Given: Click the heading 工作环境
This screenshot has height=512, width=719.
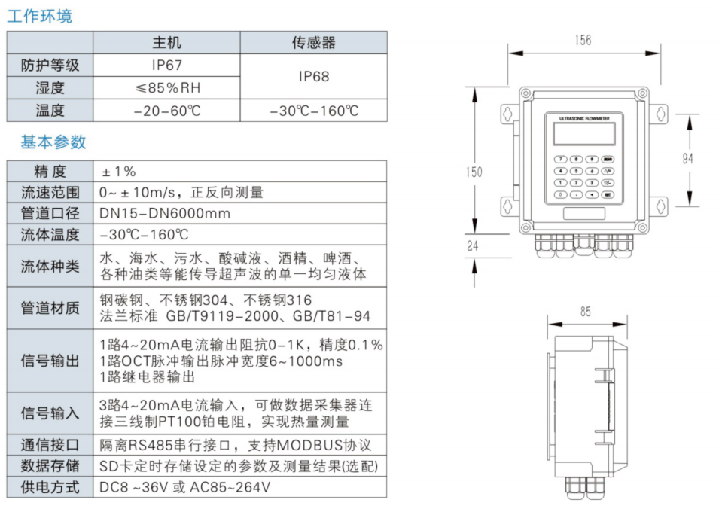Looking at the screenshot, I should point(40,16).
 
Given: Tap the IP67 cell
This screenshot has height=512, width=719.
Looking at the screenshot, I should point(166,66).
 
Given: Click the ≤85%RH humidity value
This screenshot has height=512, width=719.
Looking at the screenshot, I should point(167,88).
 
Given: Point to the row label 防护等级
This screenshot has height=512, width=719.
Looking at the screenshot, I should point(50,66).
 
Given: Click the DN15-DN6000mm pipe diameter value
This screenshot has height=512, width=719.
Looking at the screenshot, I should point(165,213).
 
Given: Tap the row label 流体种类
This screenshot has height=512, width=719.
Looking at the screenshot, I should point(50,266).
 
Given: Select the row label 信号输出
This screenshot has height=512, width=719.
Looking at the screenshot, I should point(50,361).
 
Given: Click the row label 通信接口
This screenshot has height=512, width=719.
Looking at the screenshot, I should point(50,445).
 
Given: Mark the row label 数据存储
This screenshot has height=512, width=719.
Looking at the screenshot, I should point(50,466).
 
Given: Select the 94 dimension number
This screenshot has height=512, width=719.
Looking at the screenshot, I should point(687,158).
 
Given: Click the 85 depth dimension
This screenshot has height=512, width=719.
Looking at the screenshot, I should point(586,310).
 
